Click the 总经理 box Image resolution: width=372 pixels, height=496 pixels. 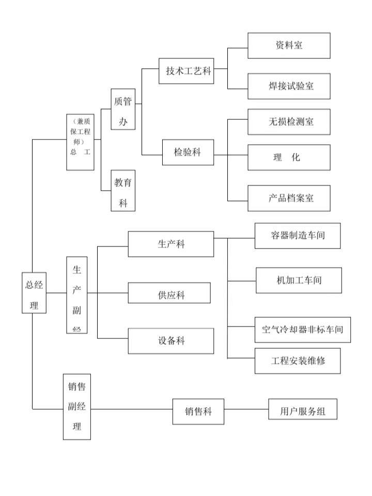point(34,292)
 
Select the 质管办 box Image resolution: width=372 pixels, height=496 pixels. point(123,109)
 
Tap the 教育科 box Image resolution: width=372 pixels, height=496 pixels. point(123,191)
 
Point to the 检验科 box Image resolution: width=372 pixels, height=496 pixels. point(188,152)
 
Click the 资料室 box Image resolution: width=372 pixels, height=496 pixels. point(289,45)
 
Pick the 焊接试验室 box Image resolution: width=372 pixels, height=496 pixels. point(289,86)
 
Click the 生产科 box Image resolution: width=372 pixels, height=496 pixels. point(171,244)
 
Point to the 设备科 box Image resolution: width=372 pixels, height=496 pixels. point(171,341)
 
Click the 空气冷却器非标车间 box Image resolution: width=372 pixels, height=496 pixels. point(303,330)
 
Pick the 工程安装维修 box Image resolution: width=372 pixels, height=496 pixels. point(298,361)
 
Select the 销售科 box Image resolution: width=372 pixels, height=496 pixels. point(198,412)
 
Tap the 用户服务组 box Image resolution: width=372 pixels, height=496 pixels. point(303,411)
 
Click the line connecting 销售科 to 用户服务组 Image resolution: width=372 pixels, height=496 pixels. point(246,410)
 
